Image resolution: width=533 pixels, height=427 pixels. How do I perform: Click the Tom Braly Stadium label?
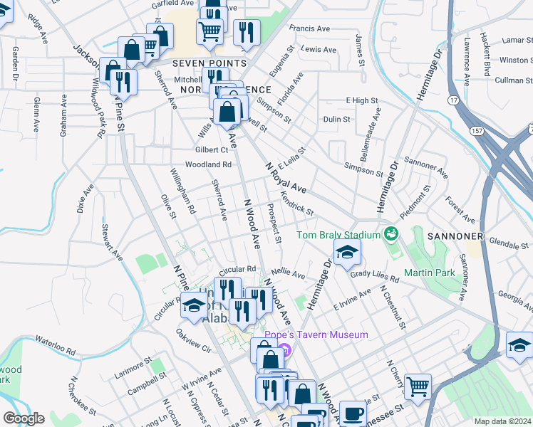pyautogui.click(x=338, y=235)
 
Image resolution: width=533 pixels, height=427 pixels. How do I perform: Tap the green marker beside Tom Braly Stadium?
pyautogui.click(x=390, y=233)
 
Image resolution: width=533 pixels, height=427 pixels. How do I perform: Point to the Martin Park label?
pyautogui.click(x=429, y=273)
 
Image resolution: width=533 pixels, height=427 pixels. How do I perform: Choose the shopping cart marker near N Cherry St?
pyautogui.click(x=417, y=386)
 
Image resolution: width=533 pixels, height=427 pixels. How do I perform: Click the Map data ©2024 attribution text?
pyautogui.click(x=502, y=421)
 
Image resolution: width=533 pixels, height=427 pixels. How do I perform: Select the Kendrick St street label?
pyautogui.click(x=297, y=204)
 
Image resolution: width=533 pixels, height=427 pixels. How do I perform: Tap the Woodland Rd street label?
pyautogui.click(x=209, y=164)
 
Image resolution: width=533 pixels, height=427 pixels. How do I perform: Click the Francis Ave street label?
pyautogui.click(x=309, y=29)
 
